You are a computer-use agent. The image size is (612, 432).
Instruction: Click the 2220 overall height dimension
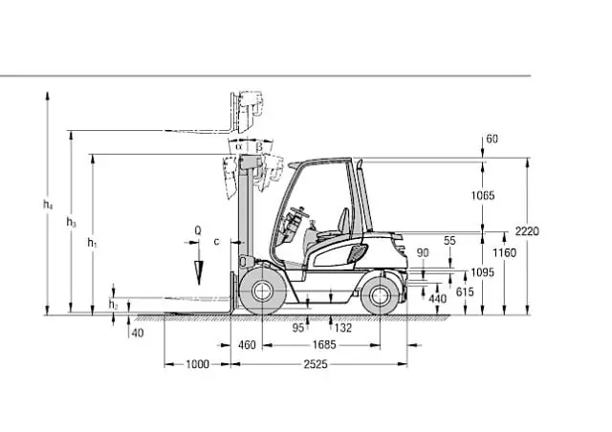point(527,231)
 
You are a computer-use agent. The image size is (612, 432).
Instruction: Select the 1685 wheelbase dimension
point(324,345)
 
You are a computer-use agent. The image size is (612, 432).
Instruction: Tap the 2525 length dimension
point(316,364)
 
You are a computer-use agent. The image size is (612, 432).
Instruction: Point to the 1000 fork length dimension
point(197,364)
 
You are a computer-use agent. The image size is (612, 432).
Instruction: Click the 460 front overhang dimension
point(247,345)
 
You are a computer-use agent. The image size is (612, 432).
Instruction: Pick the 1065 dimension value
point(483,195)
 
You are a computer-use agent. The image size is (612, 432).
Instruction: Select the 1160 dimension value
point(504,253)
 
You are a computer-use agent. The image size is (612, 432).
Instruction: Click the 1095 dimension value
point(482,272)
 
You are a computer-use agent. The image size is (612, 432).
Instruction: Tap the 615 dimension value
point(465,292)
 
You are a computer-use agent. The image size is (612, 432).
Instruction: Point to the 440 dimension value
point(438,298)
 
